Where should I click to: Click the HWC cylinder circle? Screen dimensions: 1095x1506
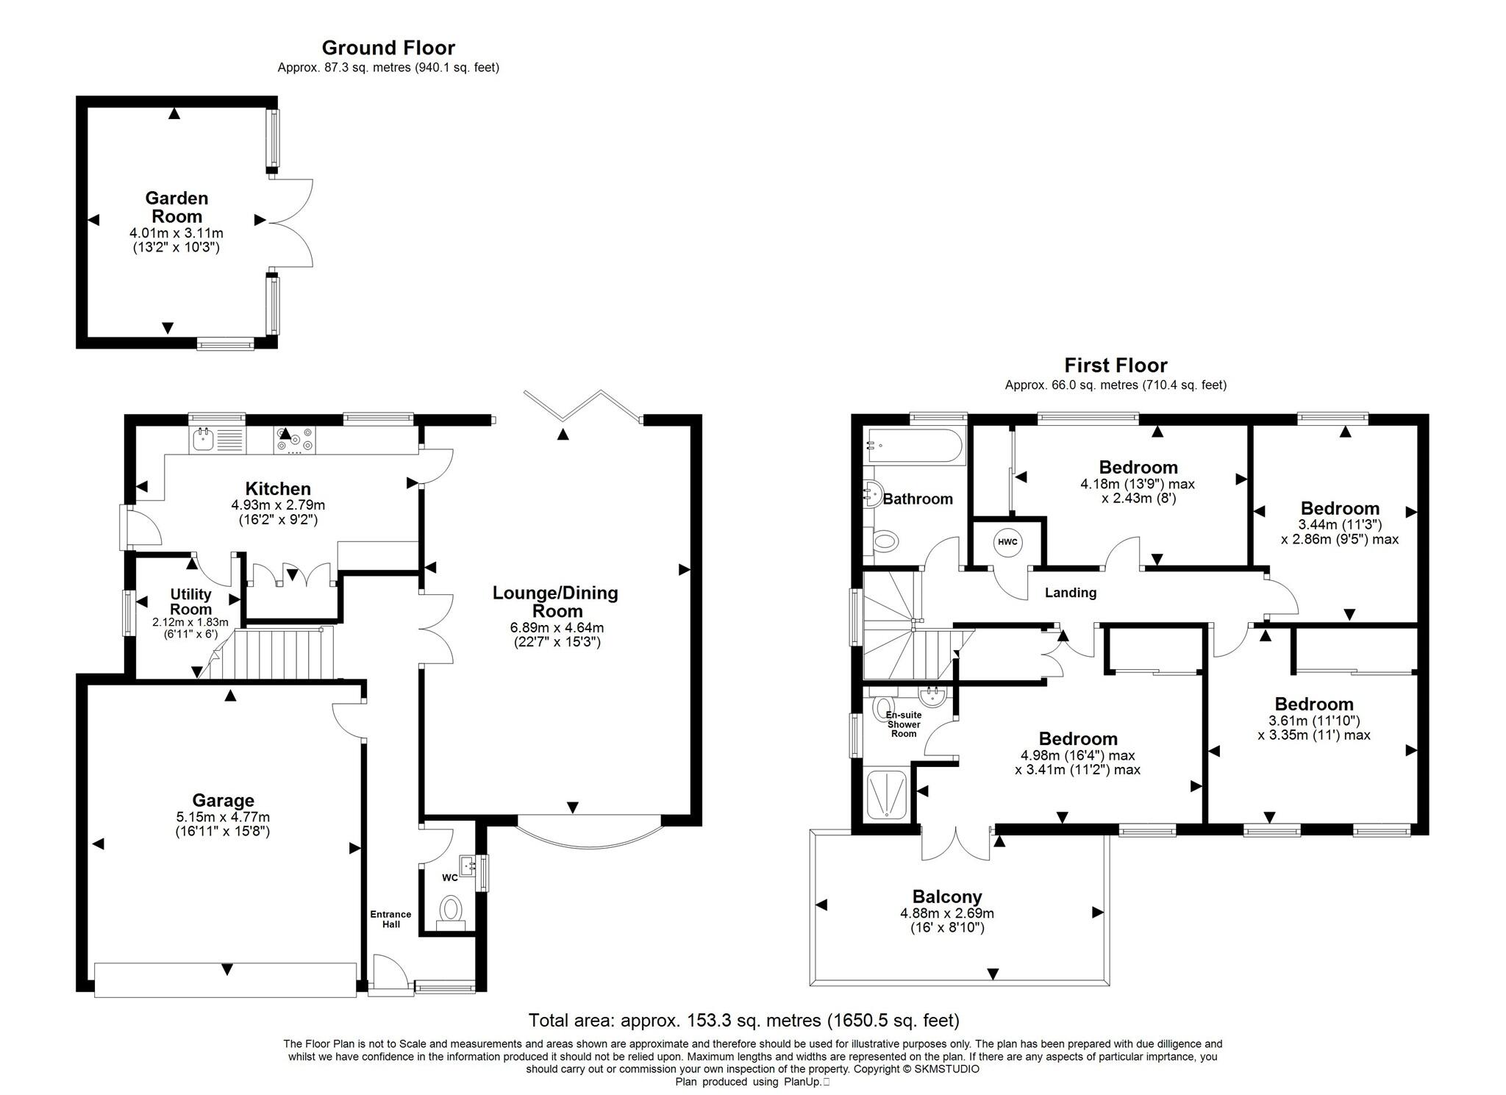point(1007,543)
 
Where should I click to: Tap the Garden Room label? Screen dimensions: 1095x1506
point(176,207)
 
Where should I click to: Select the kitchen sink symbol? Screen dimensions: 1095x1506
point(202,441)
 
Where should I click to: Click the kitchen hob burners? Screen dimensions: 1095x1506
point(294,441)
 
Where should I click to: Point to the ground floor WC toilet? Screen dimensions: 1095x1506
point(450,910)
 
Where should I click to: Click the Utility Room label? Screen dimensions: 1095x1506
point(191,602)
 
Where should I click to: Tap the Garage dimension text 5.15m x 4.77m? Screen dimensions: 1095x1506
point(222,817)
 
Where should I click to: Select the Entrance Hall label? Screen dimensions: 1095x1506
point(390,919)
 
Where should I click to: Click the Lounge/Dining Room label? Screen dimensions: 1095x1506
point(555,602)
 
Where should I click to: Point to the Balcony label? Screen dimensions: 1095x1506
point(947,896)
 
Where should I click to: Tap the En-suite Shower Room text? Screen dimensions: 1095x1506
point(904,724)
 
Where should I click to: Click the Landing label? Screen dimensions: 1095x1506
point(1071,593)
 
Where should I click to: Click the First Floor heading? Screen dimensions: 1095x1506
point(1116,365)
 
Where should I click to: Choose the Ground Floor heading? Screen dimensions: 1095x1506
point(388,48)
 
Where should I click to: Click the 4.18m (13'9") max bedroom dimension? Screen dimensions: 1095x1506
point(1137,484)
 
